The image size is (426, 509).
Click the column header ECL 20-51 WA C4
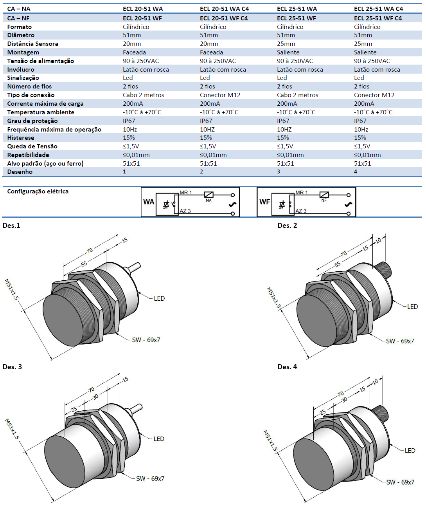(224, 9)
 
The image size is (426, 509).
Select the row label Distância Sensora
(32, 44)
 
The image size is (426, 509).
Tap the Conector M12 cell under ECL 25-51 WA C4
(374, 95)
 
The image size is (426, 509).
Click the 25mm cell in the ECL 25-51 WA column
(286, 44)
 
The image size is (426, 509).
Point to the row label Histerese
(21, 138)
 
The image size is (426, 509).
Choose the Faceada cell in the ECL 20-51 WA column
(134, 52)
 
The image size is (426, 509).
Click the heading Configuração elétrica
(38, 191)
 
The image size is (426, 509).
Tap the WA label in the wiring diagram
(149, 202)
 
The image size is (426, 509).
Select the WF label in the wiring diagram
(264, 202)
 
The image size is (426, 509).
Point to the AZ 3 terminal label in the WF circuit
(301, 211)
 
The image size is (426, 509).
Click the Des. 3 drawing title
(12, 367)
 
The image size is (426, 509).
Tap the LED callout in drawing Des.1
(159, 298)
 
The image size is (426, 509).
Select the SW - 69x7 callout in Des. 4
(400, 482)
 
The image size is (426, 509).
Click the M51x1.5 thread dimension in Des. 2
(274, 298)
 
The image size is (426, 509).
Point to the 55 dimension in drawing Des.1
(84, 264)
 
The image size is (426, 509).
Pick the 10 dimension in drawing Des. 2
(378, 240)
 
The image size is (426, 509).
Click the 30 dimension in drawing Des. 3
(95, 397)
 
